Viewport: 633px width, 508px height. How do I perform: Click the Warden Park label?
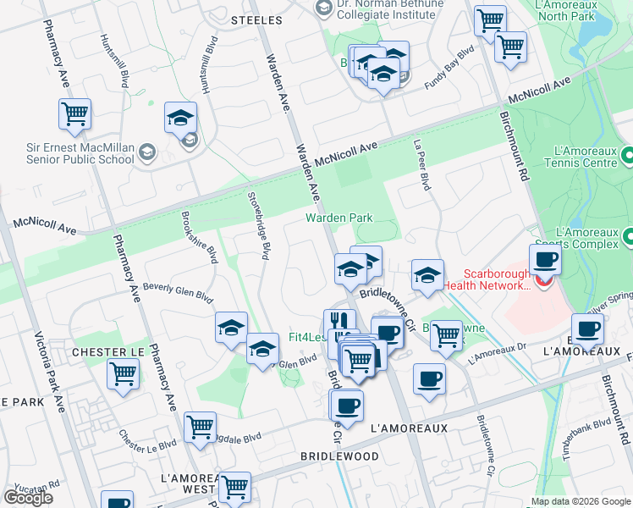click(339, 218)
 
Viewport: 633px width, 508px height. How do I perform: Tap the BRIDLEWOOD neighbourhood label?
click(339, 456)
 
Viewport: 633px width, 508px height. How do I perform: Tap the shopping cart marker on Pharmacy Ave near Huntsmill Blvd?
click(75, 114)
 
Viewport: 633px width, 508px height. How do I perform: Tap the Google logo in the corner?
click(28, 498)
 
